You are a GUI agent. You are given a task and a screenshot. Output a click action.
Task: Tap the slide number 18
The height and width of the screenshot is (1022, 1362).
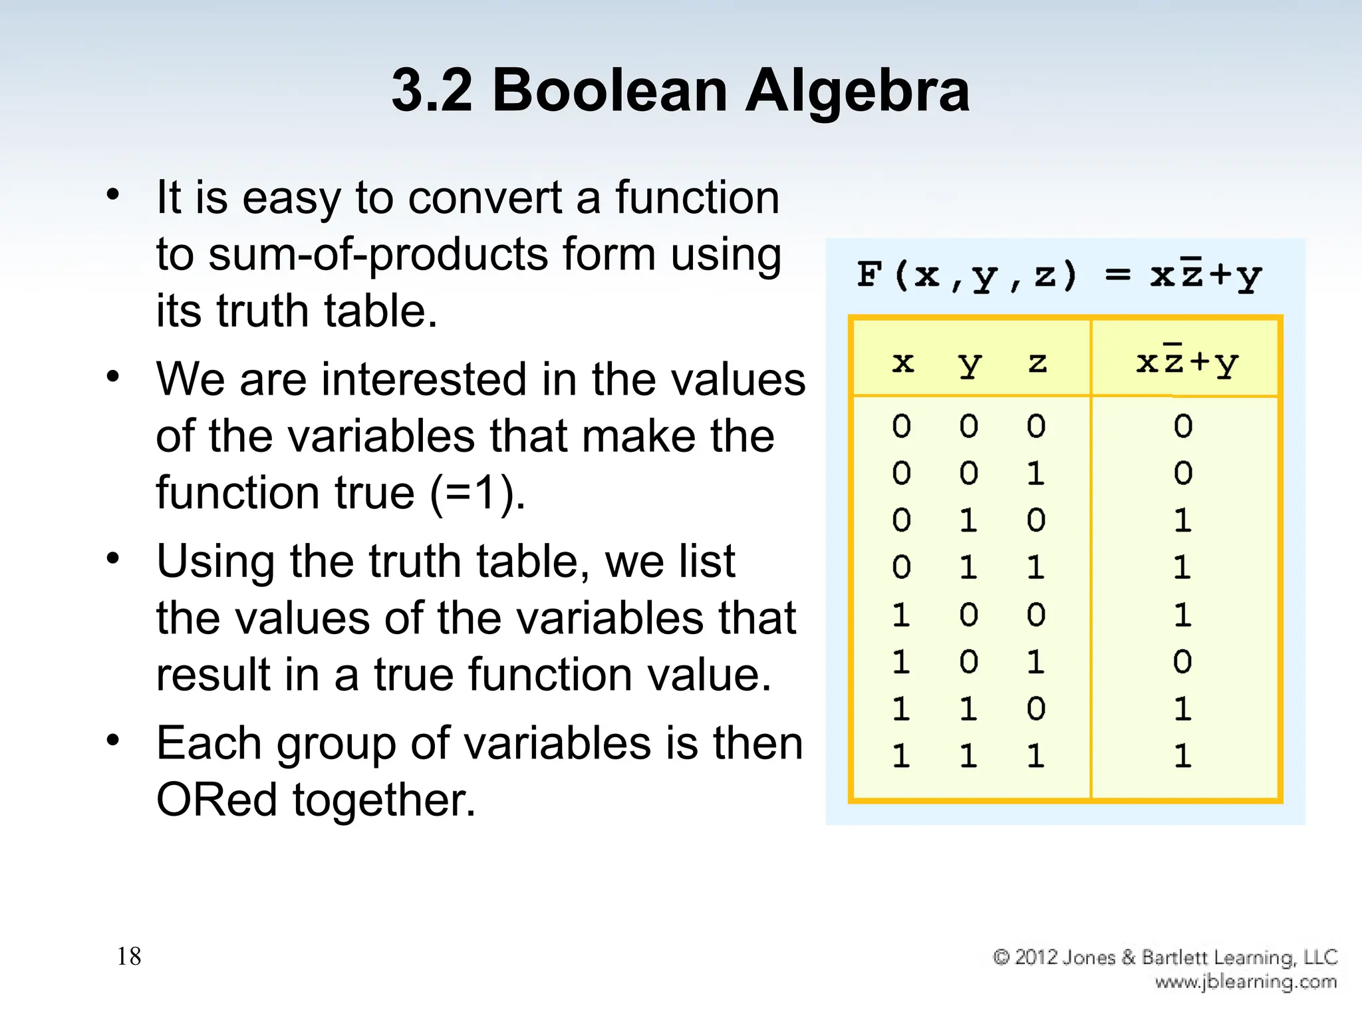click(129, 956)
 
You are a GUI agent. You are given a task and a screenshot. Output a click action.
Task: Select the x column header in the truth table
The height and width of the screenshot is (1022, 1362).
click(902, 363)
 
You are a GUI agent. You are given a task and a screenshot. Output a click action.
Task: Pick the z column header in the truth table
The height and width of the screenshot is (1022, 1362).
click(1037, 363)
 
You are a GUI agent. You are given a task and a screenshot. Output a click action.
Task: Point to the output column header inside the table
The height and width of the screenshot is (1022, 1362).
click(1186, 363)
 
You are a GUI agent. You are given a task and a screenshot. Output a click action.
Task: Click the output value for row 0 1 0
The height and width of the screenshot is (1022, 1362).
click(1182, 520)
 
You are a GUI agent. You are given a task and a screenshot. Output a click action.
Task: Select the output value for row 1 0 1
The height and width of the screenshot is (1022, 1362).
click(1182, 662)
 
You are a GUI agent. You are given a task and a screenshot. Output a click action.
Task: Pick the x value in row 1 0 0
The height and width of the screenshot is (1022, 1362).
click(901, 615)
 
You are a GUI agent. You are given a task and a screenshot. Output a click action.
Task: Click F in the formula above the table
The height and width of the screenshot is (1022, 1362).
click(870, 275)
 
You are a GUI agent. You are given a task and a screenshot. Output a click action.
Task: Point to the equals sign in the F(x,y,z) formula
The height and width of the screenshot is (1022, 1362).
click(1117, 275)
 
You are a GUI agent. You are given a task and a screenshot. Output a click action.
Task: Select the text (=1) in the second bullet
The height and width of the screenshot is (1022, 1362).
click(476, 493)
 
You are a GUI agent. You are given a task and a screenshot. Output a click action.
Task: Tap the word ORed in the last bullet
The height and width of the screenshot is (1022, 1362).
click(217, 799)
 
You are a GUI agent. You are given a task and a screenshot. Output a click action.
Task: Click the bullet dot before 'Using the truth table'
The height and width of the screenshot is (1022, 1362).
click(113, 558)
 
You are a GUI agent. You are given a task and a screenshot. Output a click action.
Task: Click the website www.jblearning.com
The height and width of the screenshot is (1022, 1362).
click(1246, 981)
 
